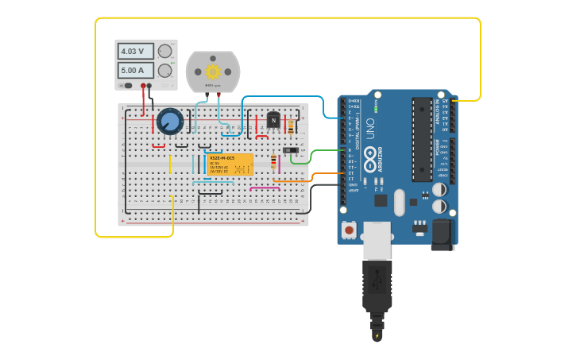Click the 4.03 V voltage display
tap(136, 51)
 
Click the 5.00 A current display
tap(136, 70)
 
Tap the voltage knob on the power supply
tap(164, 52)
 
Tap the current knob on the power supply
tap(164, 71)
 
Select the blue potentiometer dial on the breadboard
tap(170, 122)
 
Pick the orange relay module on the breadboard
tap(230, 165)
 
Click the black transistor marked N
tap(273, 121)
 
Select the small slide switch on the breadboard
tap(292, 149)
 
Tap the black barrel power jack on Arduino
tap(442, 234)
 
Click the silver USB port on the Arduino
tap(377, 239)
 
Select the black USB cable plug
tap(377, 286)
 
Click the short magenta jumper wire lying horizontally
tap(265, 188)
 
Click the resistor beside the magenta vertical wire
tap(274, 161)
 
